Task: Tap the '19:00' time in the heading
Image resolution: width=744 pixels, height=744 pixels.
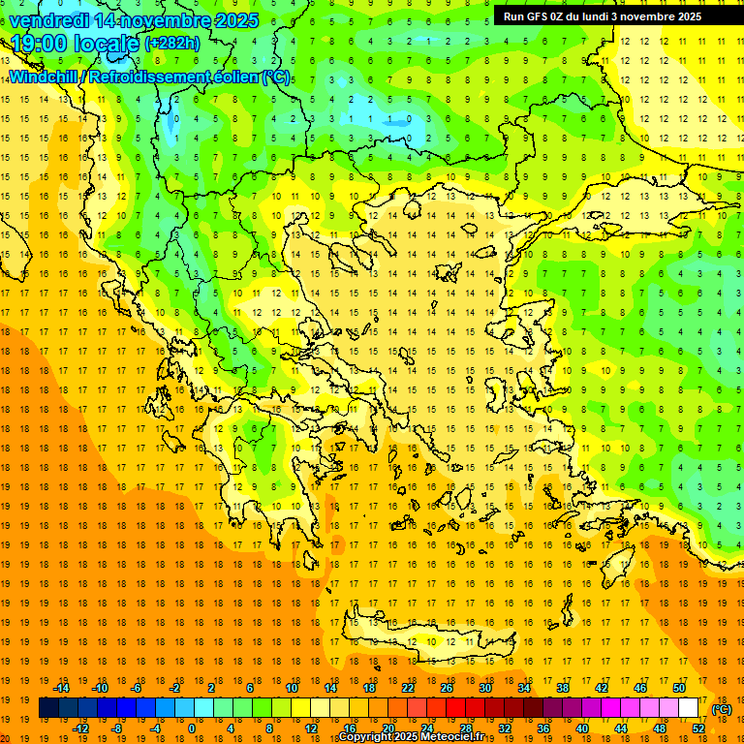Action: [x=38, y=44]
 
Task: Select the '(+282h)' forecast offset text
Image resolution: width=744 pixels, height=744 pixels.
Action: [x=173, y=44]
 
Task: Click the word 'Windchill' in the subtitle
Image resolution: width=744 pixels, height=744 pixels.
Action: [x=49, y=77]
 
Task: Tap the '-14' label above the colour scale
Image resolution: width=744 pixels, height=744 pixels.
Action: [x=61, y=688]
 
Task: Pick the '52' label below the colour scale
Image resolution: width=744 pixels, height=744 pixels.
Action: [x=698, y=728]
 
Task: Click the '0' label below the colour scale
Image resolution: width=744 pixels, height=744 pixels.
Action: [x=191, y=728]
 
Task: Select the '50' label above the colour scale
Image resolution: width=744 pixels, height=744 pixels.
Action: [x=679, y=688]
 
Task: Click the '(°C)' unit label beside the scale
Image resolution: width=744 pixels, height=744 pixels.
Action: [x=722, y=709]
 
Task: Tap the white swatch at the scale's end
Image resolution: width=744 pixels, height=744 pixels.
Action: [x=689, y=708]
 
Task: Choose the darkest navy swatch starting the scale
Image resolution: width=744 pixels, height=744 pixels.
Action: [x=49, y=708]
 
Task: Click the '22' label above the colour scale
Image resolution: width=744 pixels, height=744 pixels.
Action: [x=408, y=688]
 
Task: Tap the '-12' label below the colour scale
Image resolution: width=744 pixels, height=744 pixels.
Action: [x=80, y=728]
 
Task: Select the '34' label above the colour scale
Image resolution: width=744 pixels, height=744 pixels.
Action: [x=524, y=688]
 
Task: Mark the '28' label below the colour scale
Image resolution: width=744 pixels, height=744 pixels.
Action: [x=466, y=728]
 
